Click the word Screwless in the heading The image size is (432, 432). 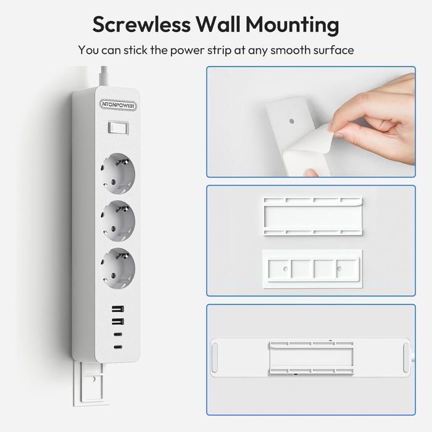(x=141, y=24)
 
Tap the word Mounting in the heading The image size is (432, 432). (x=292, y=25)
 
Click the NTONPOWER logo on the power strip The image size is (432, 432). (x=118, y=105)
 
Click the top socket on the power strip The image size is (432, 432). (x=118, y=173)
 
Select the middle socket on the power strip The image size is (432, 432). (x=118, y=221)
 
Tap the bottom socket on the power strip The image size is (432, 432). (x=118, y=268)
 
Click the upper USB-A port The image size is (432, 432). (x=118, y=309)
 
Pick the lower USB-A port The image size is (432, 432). (x=118, y=322)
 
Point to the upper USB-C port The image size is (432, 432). (x=118, y=334)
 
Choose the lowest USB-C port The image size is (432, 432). (x=118, y=347)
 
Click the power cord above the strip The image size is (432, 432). (x=104, y=76)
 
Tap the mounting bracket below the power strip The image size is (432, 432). (x=88, y=384)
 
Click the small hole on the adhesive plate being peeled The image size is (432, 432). (x=292, y=121)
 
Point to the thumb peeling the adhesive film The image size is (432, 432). (x=310, y=172)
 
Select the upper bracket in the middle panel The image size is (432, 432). (x=313, y=216)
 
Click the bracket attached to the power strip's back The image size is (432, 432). (x=311, y=359)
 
